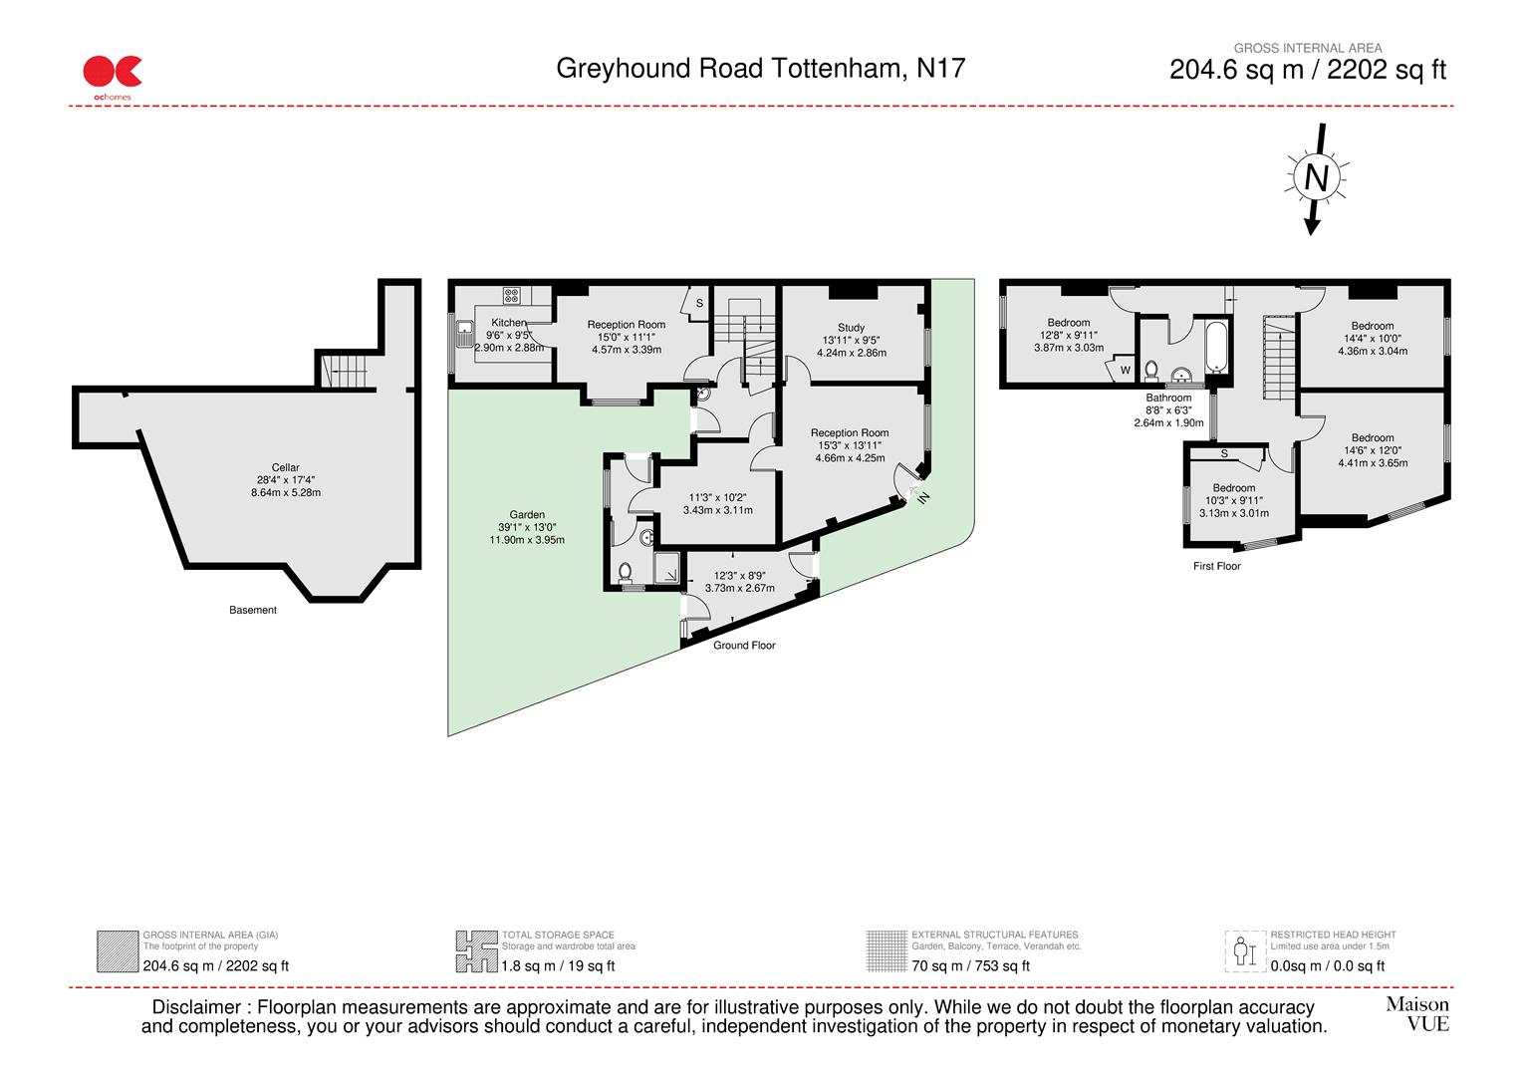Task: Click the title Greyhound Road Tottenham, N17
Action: tap(760, 69)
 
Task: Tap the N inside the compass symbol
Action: tap(1316, 178)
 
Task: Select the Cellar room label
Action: tap(285, 467)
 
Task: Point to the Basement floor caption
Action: tap(253, 610)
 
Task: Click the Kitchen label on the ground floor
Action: tap(508, 323)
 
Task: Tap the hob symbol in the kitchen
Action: tap(512, 295)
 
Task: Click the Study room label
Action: tap(851, 328)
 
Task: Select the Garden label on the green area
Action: tap(527, 515)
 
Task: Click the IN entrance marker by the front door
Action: tap(922, 496)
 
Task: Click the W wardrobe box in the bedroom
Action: tap(1126, 370)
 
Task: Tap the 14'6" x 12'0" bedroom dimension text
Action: tap(1373, 450)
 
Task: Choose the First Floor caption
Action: tap(1216, 566)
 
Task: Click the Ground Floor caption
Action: tap(744, 646)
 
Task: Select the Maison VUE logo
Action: tap(1416, 1014)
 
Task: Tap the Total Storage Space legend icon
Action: tap(476, 951)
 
